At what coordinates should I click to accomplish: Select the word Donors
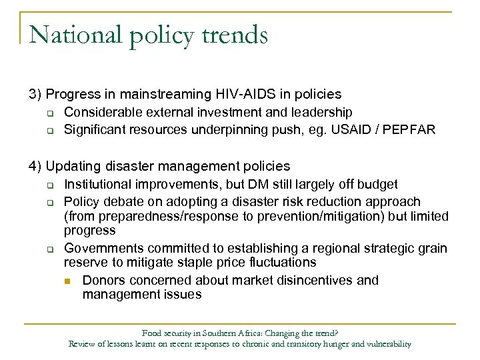pyautogui.click(x=104, y=280)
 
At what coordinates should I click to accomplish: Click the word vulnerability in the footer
pyautogui.click(x=386, y=345)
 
